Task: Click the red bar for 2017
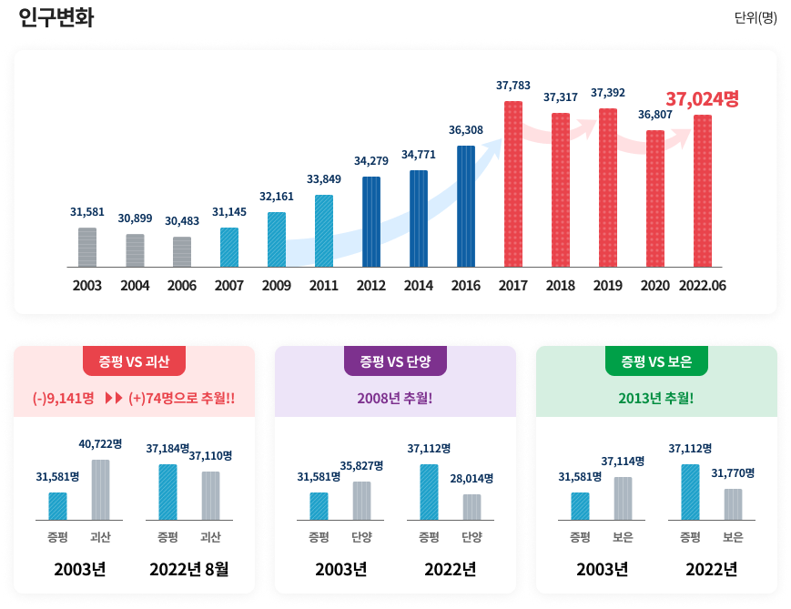[x=513, y=184]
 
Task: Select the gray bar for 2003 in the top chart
[x=87, y=247]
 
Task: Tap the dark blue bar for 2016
[x=466, y=206]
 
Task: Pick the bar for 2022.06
[x=703, y=190]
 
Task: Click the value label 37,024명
[x=702, y=98]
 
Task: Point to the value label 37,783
[x=513, y=85]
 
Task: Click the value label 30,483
[x=182, y=221]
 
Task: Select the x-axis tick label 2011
[x=324, y=286]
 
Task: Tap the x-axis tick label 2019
[x=608, y=286]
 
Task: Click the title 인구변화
[x=56, y=18]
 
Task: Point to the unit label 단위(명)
[x=756, y=18]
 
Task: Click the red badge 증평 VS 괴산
[x=134, y=361]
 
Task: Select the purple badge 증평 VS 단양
[x=395, y=361]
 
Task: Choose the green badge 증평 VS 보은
[x=656, y=361]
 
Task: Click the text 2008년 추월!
[x=395, y=398]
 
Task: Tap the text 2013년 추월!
[x=656, y=398]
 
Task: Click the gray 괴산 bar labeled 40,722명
[x=100, y=490]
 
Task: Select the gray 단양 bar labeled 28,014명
[x=472, y=507]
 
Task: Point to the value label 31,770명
[x=733, y=472]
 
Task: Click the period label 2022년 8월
[x=189, y=570]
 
